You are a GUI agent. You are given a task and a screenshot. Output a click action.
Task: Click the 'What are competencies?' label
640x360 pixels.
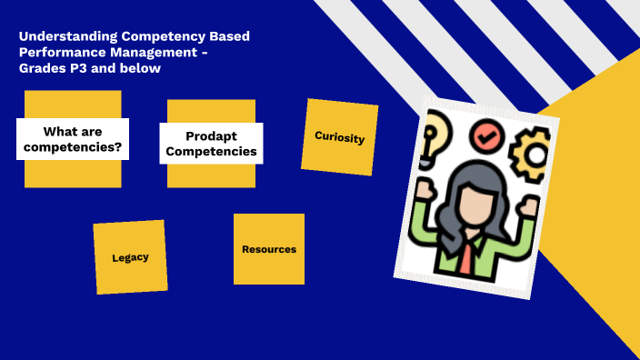tap(73, 139)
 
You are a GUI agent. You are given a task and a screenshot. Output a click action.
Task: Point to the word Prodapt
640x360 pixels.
tap(215, 135)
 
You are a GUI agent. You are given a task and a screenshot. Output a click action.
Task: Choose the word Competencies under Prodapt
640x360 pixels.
tap(215, 152)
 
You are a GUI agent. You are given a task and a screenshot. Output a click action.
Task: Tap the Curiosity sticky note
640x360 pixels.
tap(339, 137)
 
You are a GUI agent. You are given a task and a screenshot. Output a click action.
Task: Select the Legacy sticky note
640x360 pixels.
tap(130, 257)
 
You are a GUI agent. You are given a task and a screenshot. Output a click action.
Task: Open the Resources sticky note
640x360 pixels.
tap(268, 249)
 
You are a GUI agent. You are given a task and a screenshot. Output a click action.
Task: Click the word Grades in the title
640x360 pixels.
tap(38, 67)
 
